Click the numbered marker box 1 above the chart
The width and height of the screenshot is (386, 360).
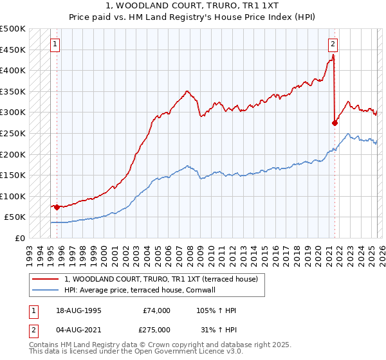(55, 44)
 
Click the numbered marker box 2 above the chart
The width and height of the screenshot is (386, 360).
(333, 44)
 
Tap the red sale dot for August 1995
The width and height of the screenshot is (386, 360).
(57, 207)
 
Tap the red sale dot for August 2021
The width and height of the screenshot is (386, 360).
(335, 123)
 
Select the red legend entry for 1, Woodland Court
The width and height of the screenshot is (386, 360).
(161, 279)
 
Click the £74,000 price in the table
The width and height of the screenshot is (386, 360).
(156, 310)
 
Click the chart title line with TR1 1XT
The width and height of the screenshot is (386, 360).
(192, 6)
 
